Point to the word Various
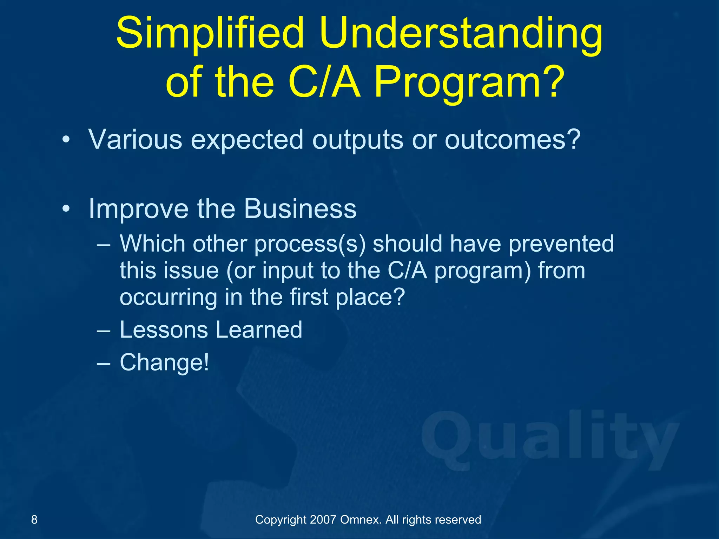click(135, 140)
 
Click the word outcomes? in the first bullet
click(513, 140)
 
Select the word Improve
click(139, 209)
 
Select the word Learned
click(259, 330)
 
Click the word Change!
click(164, 362)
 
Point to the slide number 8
click(34, 519)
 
